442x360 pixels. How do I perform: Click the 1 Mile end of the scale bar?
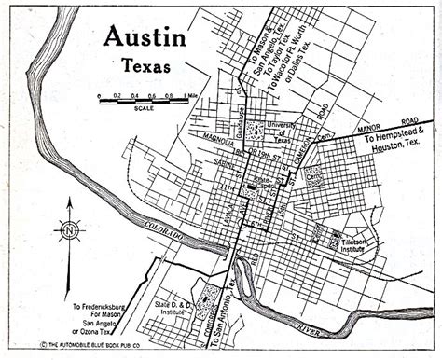click(191, 95)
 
